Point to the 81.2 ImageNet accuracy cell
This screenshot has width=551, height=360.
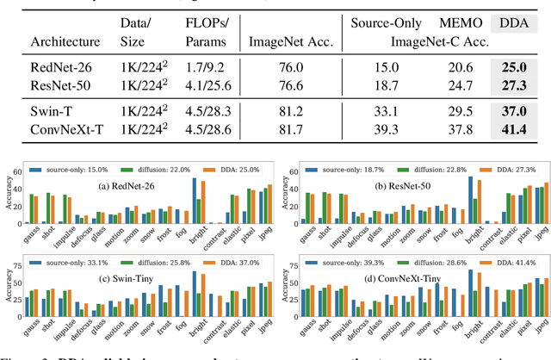click(x=288, y=111)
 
